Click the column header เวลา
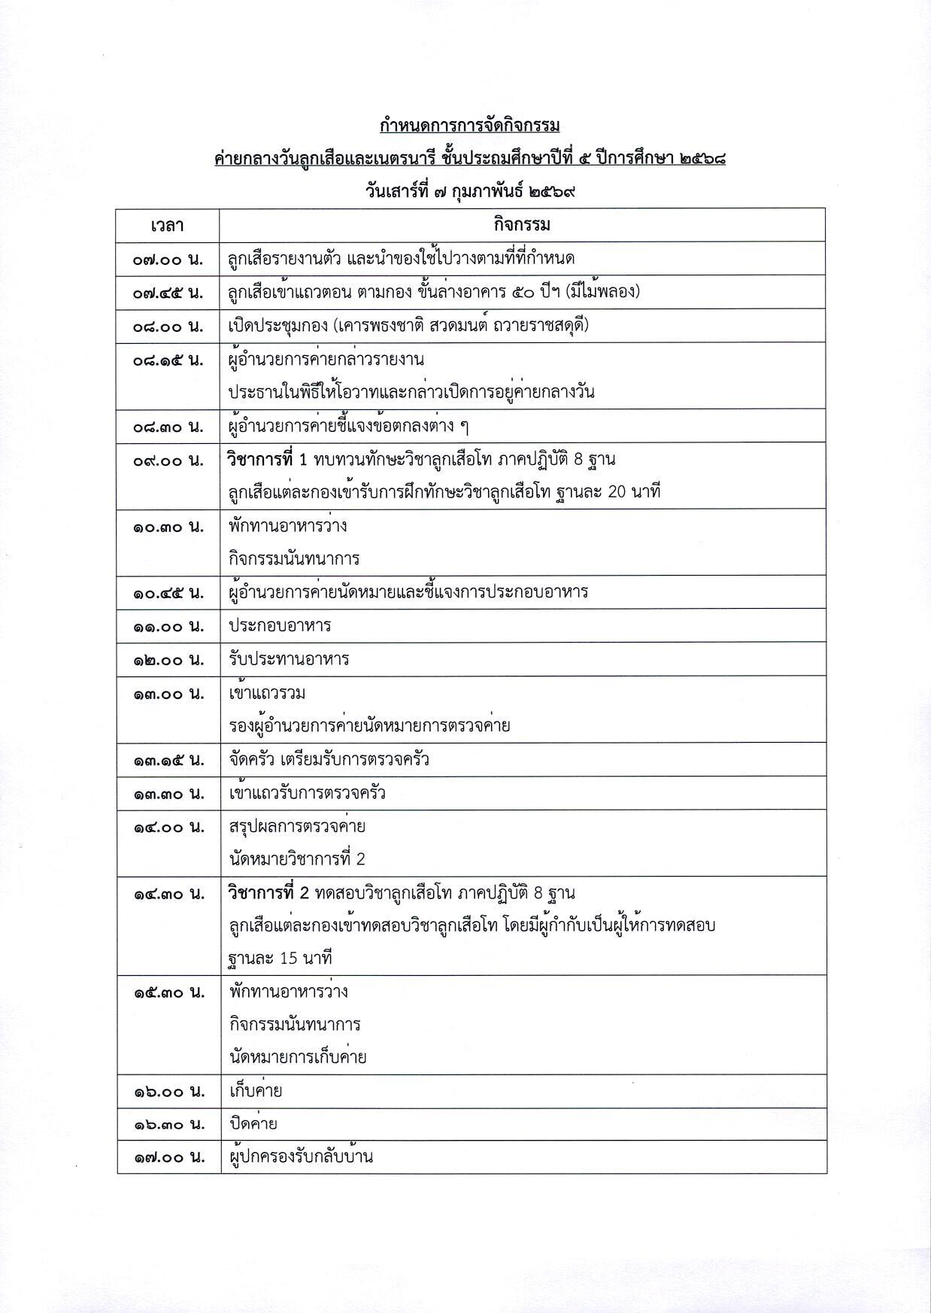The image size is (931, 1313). (x=167, y=225)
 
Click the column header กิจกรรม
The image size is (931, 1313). (x=522, y=225)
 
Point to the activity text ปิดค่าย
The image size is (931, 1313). (x=253, y=1124)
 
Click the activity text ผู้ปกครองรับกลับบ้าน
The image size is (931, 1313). (x=301, y=1157)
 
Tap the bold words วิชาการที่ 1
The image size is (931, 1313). (x=268, y=460)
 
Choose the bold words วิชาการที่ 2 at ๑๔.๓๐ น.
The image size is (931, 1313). (x=268, y=894)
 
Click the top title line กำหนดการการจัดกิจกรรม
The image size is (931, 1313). (x=470, y=125)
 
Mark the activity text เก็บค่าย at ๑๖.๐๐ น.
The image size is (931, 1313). (x=256, y=1091)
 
